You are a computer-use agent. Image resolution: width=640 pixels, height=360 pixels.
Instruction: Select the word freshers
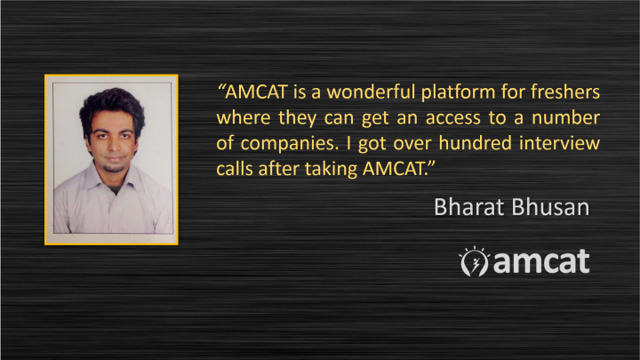click(565, 92)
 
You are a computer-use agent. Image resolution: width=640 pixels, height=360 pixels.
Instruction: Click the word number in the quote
click(565, 117)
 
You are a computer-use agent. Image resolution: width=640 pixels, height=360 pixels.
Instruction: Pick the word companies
click(290, 144)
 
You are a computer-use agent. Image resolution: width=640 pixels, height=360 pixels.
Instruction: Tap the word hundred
click(475, 143)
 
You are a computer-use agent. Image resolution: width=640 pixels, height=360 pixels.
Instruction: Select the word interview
click(560, 143)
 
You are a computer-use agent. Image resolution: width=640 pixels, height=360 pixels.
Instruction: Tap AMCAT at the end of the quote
click(395, 169)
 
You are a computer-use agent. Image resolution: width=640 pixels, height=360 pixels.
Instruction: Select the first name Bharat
click(469, 207)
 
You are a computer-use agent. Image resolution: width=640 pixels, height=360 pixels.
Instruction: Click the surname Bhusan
click(550, 207)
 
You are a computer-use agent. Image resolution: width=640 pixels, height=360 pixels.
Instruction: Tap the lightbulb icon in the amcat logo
click(474, 261)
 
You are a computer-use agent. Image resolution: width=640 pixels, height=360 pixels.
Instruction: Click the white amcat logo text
click(541, 261)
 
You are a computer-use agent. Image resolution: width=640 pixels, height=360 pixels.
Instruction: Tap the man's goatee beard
click(115, 167)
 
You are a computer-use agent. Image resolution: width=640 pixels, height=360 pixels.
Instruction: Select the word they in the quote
click(297, 118)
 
